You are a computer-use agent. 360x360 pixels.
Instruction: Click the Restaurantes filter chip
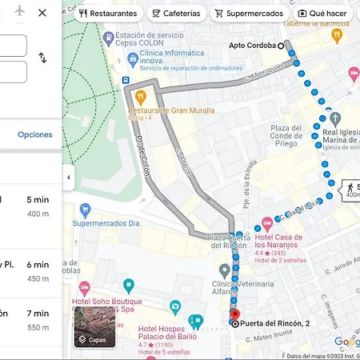click(108, 14)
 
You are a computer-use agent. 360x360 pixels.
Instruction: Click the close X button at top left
click(42, 13)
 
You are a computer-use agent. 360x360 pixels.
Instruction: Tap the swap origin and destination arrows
click(42, 58)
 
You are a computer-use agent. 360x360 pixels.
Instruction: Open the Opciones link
click(35, 134)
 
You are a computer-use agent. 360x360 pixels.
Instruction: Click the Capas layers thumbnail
click(94, 326)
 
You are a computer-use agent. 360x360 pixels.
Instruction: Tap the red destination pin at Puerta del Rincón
click(234, 313)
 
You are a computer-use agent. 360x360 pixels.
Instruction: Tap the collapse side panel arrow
click(68, 177)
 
